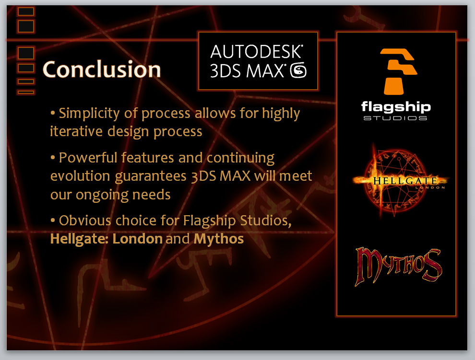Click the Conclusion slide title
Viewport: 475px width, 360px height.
pos(102,70)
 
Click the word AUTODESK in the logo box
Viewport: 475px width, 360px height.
pos(257,51)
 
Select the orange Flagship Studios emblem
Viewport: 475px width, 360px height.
pos(398,71)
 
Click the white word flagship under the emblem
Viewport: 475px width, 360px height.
pos(396,107)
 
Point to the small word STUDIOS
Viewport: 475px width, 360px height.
pos(395,118)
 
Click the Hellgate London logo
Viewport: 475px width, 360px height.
pos(399,181)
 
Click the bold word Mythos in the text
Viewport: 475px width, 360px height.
pos(219,239)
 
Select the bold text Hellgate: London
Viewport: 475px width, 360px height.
pos(107,239)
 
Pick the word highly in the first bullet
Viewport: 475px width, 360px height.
pos(281,114)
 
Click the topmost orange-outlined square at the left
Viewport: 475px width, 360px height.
pos(26,12)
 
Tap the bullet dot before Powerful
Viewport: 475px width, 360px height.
pos(53,158)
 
